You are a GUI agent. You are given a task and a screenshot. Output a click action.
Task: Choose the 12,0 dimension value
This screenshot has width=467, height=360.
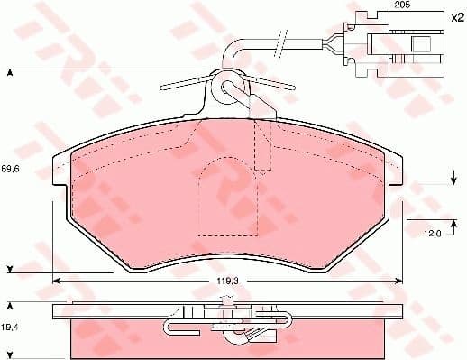click(x=433, y=235)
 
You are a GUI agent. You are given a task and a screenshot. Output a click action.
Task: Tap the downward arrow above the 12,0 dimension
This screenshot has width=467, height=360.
click(x=452, y=185)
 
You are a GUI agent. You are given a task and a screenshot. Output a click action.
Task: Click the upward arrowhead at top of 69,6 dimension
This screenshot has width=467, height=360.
click(x=10, y=71)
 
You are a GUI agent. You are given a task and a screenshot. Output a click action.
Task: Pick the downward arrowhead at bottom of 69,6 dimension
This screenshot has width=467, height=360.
click(x=10, y=269)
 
